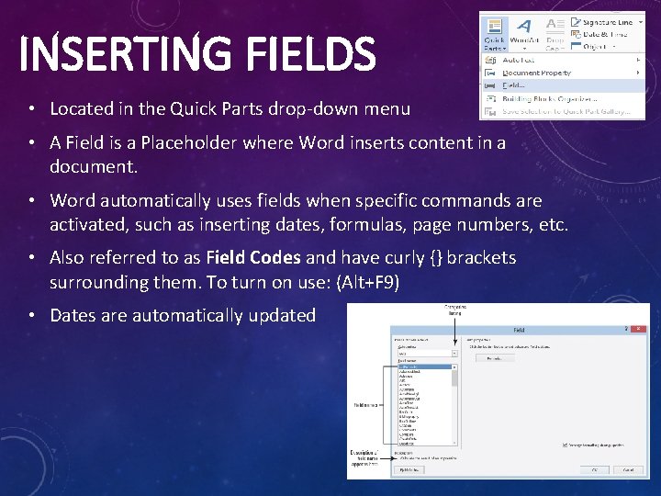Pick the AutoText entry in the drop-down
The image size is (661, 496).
coord(520,60)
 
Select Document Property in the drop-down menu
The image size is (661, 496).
coord(536,73)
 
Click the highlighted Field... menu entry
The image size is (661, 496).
coord(515,85)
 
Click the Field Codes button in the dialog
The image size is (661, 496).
coord(409,469)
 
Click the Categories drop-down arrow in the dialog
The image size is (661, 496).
coord(454,353)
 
